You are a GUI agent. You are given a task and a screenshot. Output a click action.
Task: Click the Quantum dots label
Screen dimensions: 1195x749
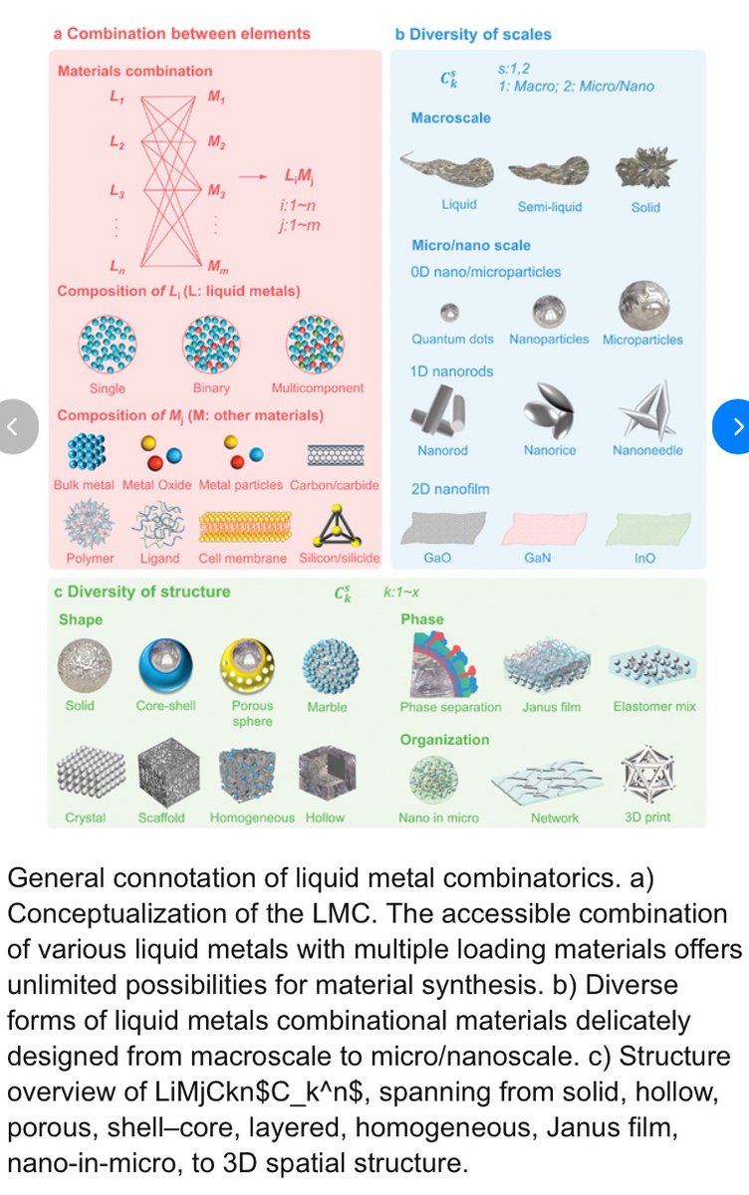pyautogui.click(x=452, y=340)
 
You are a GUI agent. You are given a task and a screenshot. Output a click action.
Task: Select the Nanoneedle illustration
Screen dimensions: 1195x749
pyautogui.click(x=646, y=409)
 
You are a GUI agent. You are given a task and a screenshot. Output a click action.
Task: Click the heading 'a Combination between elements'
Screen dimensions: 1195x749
pyautogui.click(x=182, y=34)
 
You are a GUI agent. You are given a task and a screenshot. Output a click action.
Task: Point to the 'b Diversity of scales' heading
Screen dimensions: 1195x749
pyautogui.click(x=473, y=34)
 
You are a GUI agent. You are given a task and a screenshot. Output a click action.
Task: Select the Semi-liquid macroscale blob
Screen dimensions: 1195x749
pyautogui.click(x=549, y=170)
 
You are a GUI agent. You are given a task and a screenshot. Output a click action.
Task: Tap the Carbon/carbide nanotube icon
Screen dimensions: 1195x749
pyautogui.click(x=336, y=454)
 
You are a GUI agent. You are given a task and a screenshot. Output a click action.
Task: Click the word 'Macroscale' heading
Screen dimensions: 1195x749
pyautogui.click(x=450, y=119)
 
